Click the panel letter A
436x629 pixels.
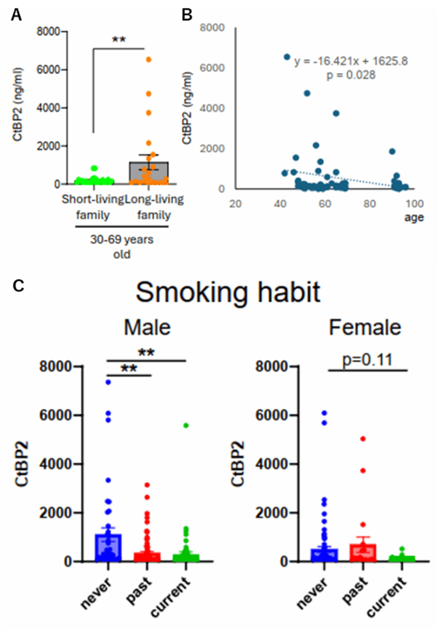16,15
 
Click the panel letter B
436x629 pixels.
187,15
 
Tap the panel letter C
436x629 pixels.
19,285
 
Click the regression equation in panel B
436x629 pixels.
351,62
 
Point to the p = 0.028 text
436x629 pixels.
351,75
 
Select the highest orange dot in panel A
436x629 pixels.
148,60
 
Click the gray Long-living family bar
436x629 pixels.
148,173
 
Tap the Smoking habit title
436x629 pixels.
228,292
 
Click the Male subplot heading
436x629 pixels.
147,328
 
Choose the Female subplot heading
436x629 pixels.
365,328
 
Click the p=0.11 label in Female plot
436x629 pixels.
367,360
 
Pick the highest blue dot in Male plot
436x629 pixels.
108,382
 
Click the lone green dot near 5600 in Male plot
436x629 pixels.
186,425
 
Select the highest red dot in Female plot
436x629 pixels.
363,439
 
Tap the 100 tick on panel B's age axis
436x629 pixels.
414,204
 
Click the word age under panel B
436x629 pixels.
414,217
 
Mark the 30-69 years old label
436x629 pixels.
122,247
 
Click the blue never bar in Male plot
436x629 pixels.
108,548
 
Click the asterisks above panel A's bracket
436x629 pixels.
119,39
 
